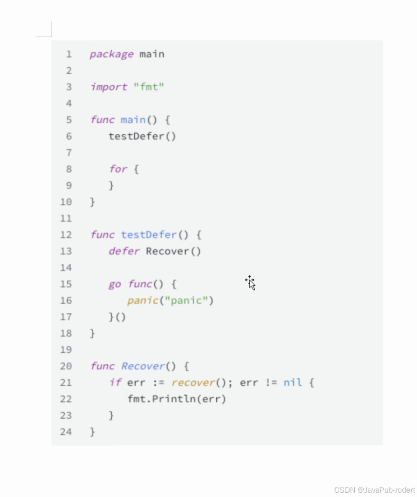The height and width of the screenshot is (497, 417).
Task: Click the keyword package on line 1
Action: coord(111,54)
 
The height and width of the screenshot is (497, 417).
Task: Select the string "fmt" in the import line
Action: coord(149,87)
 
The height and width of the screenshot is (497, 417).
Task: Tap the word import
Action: coord(109,87)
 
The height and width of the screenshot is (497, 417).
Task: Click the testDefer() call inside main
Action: coord(142,136)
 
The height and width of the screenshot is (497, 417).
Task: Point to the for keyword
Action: coord(118,169)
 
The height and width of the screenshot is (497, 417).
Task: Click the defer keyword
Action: coord(124,251)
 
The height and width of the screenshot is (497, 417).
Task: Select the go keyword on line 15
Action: coord(115,284)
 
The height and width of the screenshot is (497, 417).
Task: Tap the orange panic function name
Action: coord(142,300)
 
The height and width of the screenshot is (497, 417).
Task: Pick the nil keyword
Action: coord(293,382)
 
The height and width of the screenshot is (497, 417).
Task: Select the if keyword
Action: coord(115,382)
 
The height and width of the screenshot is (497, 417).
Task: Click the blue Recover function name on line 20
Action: coord(142,366)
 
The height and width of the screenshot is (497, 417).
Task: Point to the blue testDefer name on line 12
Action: coord(149,235)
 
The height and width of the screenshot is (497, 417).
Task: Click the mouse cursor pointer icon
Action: coord(250,282)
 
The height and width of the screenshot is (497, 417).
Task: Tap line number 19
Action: coord(66,349)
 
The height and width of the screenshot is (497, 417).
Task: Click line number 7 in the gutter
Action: coord(69,153)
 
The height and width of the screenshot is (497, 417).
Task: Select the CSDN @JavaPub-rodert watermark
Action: coord(374,490)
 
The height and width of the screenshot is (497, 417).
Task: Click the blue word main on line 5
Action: coord(133,120)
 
